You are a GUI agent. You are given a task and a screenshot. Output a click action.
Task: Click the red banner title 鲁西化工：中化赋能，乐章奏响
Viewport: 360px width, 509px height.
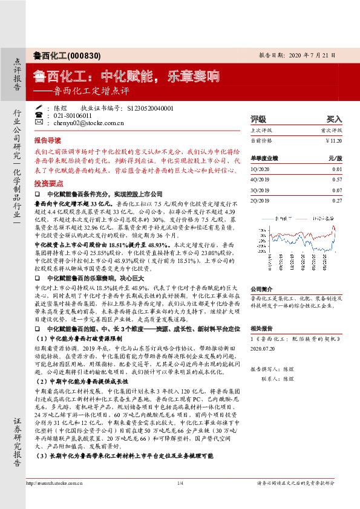click(125, 77)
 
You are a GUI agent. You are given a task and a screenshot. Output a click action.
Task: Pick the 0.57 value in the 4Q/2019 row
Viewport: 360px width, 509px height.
click(337, 180)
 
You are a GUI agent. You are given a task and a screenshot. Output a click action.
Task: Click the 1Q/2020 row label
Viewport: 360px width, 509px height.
click(261, 169)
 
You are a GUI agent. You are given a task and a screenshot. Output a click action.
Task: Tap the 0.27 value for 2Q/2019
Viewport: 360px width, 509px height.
click(337, 200)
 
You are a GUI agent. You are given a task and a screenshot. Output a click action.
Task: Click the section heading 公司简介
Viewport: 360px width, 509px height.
click(261, 289)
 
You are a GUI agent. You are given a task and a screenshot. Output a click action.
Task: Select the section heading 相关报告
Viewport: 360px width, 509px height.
click(261, 328)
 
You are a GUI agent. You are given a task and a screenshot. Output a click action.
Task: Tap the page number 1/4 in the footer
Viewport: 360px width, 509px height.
click(180, 500)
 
